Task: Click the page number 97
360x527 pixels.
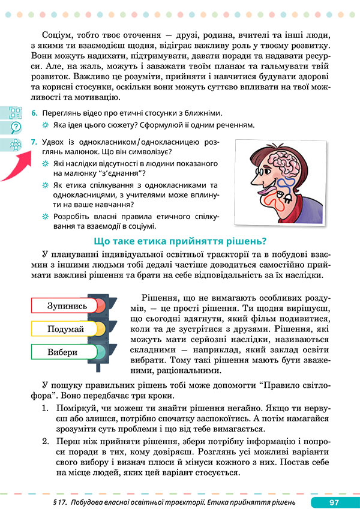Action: point(335,502)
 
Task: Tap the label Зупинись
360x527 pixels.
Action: point(67,306)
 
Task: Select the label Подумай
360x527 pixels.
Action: point(66,329)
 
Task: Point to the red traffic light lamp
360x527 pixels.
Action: point(99,305)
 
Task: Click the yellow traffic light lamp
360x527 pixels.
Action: point(99,328)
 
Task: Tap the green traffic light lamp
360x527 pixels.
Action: point(99,352)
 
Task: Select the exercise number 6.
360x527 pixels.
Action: point(35,113)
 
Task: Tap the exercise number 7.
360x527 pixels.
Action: point(35,142)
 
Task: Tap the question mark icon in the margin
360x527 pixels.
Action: point(16,127)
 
